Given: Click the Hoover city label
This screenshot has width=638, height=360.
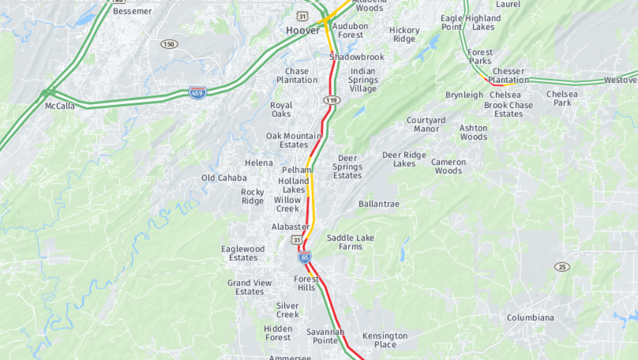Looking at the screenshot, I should (x=303, y=30).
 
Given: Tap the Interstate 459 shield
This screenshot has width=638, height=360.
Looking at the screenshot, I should (x=198, y=93).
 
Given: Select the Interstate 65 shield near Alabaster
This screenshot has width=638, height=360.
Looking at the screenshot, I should (x=305, y=257).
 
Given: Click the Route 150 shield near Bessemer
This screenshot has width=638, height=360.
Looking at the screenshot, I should (x=169, y=44).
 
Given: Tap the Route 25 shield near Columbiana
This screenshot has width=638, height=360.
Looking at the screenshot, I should (x=562, y=267).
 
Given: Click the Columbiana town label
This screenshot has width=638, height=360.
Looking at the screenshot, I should (x=530, y=318).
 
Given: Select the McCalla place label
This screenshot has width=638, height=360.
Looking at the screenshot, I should (x=60, y=106).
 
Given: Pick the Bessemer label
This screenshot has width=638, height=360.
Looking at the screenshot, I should (x=132, y=11).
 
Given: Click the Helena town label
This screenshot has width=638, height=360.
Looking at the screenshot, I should (x=259, y=163).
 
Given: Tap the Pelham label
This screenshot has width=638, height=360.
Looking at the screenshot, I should (x=296, y=170).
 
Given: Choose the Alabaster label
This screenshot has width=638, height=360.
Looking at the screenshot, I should (x=290, y=227).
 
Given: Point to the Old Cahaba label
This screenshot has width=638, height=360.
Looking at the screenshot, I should (x=224, y=178).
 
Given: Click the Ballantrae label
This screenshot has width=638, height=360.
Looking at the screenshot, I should (x=379, y=204).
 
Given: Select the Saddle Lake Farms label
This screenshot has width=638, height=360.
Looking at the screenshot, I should (x=350, y=242).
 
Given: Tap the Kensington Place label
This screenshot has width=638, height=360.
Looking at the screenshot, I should (x=385, y=340).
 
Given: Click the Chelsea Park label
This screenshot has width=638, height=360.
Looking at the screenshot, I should (x=562, y=99).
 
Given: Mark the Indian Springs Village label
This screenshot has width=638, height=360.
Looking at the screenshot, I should (x=363, y=80).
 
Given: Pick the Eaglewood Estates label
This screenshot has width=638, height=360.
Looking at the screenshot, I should (x=243, y=253).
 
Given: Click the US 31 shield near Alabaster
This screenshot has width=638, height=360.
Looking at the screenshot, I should (x=297, y=240).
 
